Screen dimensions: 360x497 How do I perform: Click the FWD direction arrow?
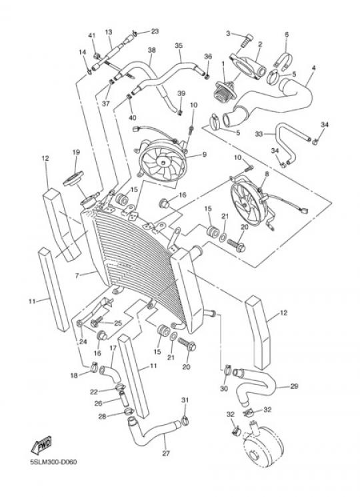point(41,446)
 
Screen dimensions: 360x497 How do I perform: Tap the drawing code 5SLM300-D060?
point(53,462)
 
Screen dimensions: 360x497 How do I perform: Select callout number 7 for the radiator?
point(77,276)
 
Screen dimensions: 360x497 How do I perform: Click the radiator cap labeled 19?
point(73,179)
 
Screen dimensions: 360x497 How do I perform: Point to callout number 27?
point(166,454)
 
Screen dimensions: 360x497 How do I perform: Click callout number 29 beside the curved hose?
point(294,386)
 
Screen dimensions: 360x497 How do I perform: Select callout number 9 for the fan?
point(205,155)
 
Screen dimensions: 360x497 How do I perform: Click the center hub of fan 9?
point(163,163)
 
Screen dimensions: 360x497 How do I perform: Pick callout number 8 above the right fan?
point(267,173)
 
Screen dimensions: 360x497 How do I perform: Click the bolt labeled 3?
point(245,41)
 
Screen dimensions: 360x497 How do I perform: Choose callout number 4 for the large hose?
point(314,68)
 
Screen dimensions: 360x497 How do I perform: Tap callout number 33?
point(259,134)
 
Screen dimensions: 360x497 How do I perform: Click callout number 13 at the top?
point(109,32)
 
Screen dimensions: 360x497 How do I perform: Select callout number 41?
point(92,36)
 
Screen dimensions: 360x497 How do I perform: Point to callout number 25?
point(118,324)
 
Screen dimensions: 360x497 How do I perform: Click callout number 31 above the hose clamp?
point(185,400)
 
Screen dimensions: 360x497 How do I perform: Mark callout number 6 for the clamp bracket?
point(287,34)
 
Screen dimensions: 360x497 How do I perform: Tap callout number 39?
point(181,94)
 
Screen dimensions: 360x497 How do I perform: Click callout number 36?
point(208,57)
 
